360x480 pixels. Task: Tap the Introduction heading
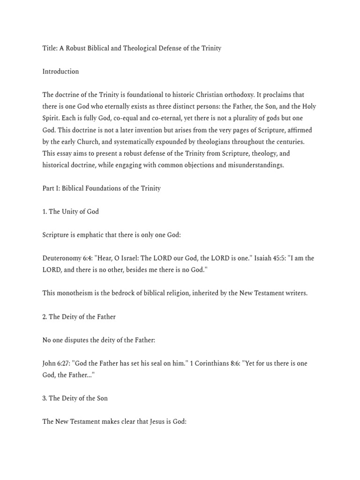[x=60, y=72]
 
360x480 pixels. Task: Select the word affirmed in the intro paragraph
[x=299, y=130]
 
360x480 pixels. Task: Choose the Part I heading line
[x=101, y=188]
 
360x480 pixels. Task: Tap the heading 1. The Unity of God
[x=70, y=212]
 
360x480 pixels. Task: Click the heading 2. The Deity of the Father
[x=79, y=317]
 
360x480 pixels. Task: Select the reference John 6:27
[x=56, y=363]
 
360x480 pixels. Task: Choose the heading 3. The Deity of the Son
[x=75, y=398]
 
